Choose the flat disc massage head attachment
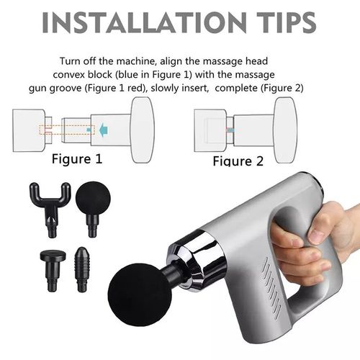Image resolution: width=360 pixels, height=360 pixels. (51, 260)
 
